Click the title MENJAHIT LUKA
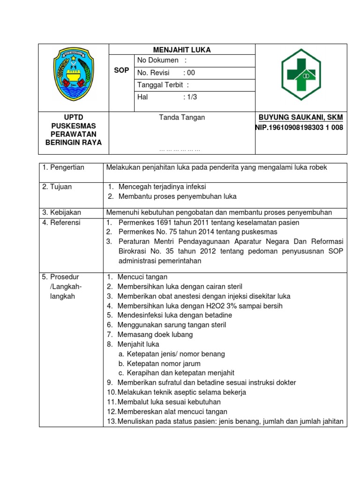click(182, 50)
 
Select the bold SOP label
click(121, 70)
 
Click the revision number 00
click(191, 73)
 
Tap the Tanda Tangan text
click(182, 118)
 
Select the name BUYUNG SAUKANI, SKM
click(300, 117)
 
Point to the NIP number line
click(299, 127)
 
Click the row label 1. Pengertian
click(63, 168)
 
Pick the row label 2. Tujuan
click(57, 187)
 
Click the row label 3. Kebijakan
click(60, 213)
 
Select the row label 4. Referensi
click(61, 223)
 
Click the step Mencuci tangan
click(142, 277)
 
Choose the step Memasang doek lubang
click(155, 335)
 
